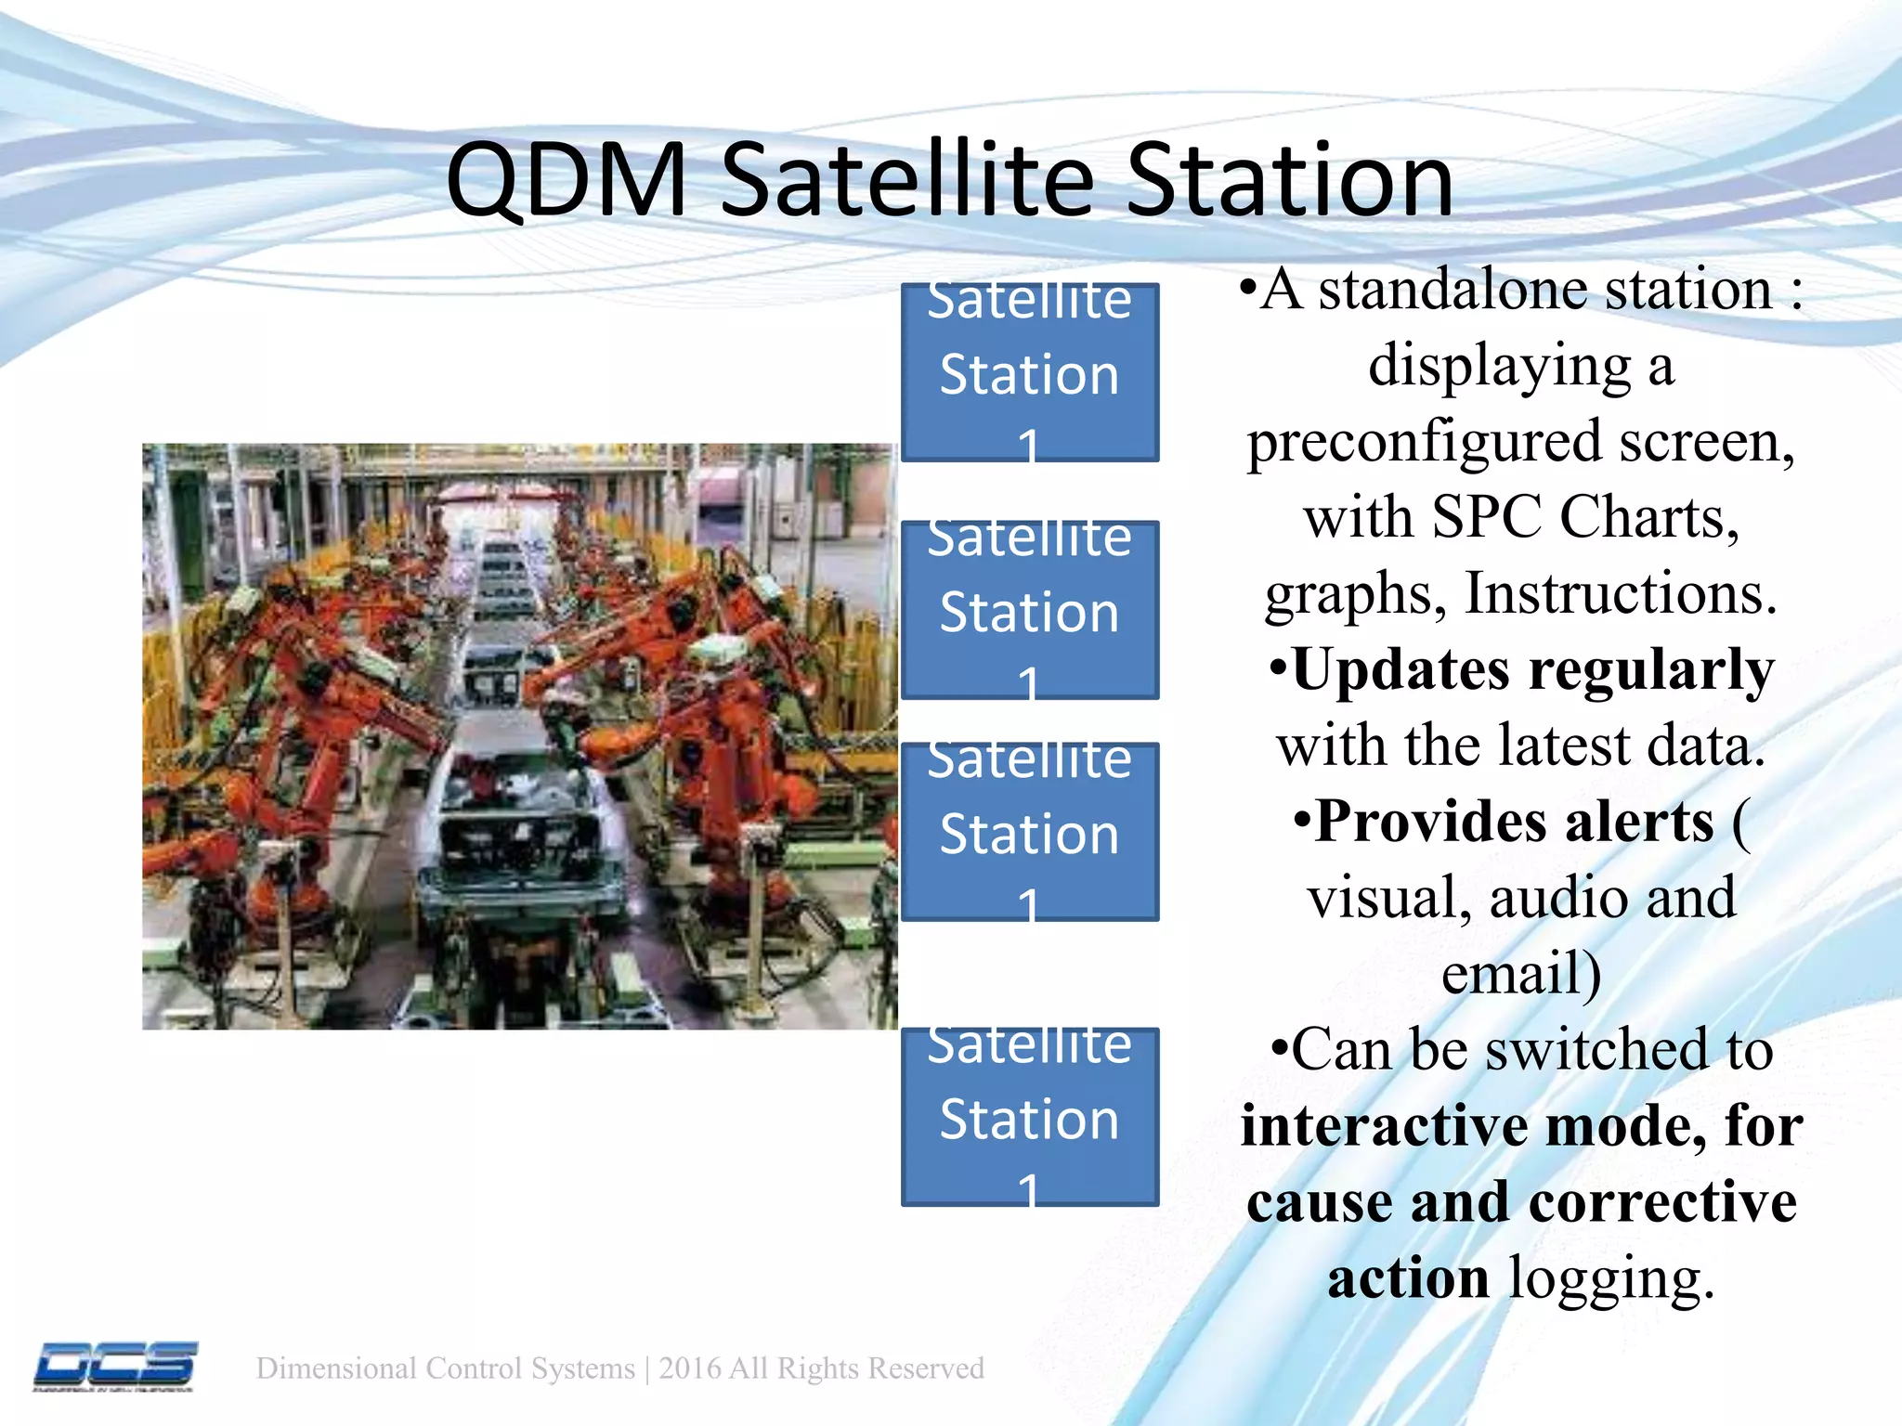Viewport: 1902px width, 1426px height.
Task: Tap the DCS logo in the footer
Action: [x=115, y=1366]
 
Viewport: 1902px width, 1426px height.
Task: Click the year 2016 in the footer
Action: [x=690, y=1368]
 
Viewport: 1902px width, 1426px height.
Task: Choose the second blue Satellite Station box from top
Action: [x=1029, y=610]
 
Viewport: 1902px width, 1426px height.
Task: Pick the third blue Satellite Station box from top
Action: [x=1029, y=832]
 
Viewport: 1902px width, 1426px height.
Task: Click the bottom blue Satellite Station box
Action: [x=1029, y=1117]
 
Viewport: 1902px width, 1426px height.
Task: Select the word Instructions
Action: [x=1620, y=593]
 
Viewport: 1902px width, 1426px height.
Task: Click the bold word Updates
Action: [x=1400, y=669]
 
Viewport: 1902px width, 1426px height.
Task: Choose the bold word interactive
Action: [x=1384, y=1126]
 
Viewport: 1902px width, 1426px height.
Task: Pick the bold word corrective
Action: [x=1662, y=1202]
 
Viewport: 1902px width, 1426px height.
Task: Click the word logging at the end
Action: [x=1610, y=1278]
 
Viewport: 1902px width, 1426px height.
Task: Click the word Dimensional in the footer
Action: [x=336, y=1368]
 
